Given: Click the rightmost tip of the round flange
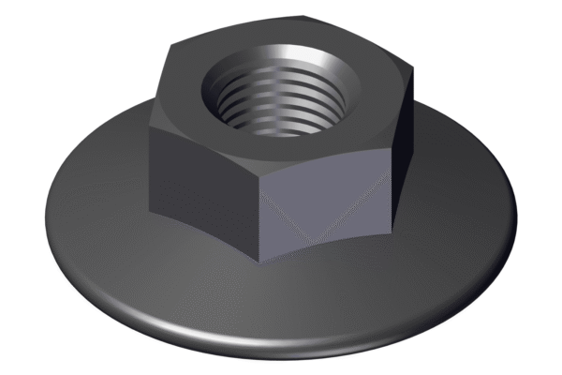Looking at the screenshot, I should point(518,210).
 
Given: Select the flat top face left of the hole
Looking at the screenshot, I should point(183,108).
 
